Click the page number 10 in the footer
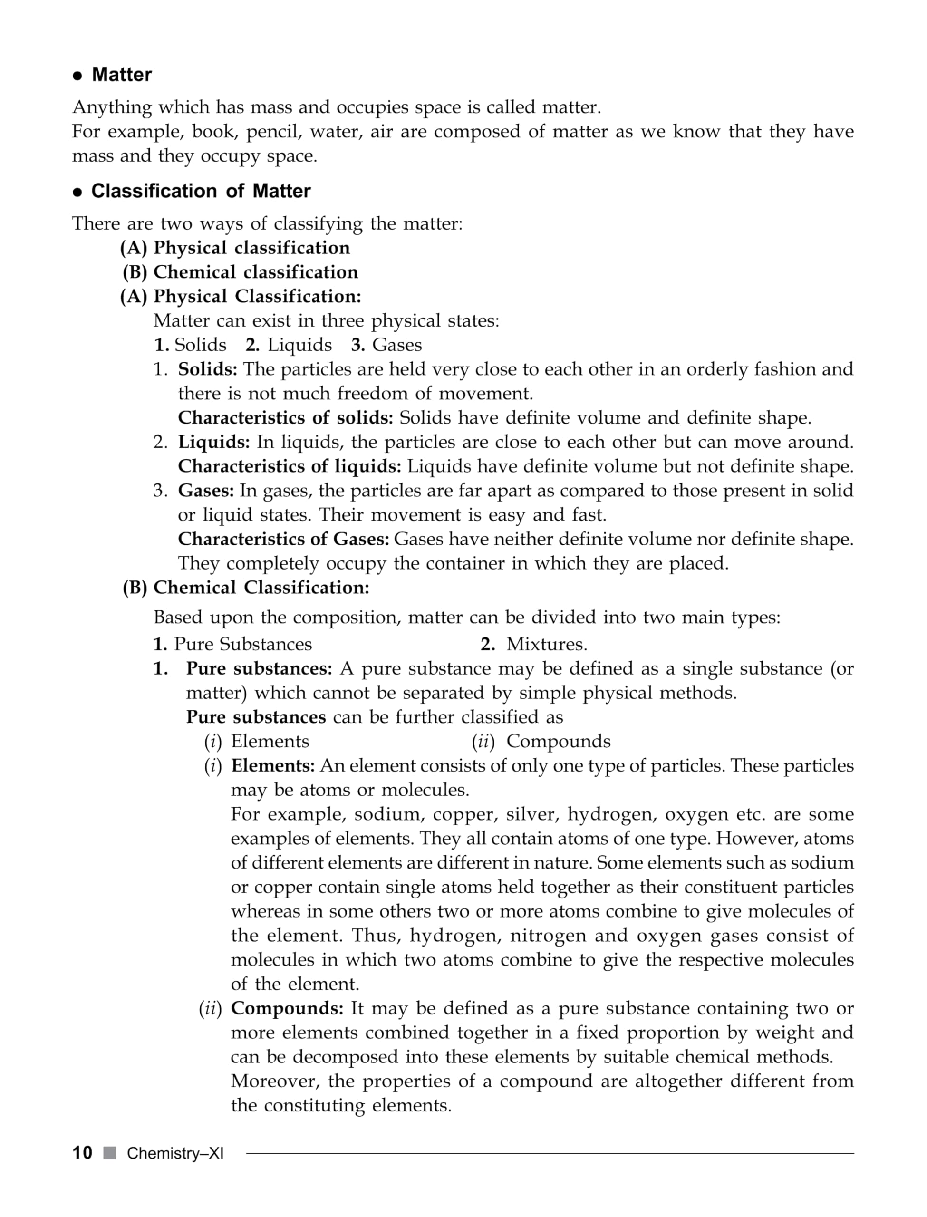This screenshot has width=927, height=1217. [82, 1152]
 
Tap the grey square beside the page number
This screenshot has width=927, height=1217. [110, 1152]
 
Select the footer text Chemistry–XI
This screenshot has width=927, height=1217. [175, 1153]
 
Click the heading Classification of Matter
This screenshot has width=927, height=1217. [200, 191]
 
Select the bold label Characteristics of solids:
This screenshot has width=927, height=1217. [285, 417]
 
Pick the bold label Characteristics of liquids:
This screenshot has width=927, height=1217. [289, 466]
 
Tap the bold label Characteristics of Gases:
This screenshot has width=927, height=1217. [284, 539]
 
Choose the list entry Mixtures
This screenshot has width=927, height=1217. [546, 644]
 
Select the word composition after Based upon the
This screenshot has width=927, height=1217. [346, 618]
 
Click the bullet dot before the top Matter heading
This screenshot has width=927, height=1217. [78, 76]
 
